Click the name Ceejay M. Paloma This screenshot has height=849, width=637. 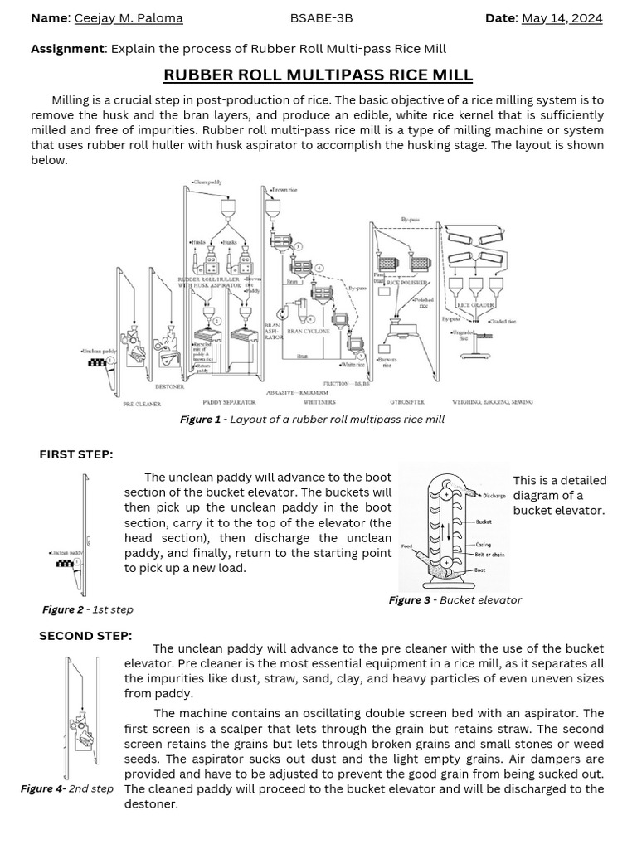[x=129, y=18]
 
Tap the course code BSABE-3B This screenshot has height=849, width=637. [x=318, y=18]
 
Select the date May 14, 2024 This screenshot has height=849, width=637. [x=562, y=18]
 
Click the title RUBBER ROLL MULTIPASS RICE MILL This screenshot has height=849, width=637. [x=318, y=75]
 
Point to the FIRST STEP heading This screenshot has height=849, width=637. [x=76, y=454]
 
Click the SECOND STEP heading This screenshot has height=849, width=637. [x=85, y=636]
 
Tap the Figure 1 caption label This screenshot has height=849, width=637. [x=200, y=420]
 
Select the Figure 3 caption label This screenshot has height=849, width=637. [x=410, y=600]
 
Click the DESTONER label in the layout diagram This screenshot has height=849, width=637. [x=169, y=386]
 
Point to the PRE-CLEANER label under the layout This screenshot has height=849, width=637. [x=141, y=404]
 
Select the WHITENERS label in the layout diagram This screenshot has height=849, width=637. [x=319, y=402]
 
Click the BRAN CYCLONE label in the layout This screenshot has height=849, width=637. [x=309, y=332]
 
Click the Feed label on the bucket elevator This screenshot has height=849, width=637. [x=406, y=546]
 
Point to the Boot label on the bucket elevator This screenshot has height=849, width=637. [x=480, y=570]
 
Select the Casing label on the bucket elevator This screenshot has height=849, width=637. [x=483, y=545]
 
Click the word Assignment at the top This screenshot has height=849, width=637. [x=67, y=49]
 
